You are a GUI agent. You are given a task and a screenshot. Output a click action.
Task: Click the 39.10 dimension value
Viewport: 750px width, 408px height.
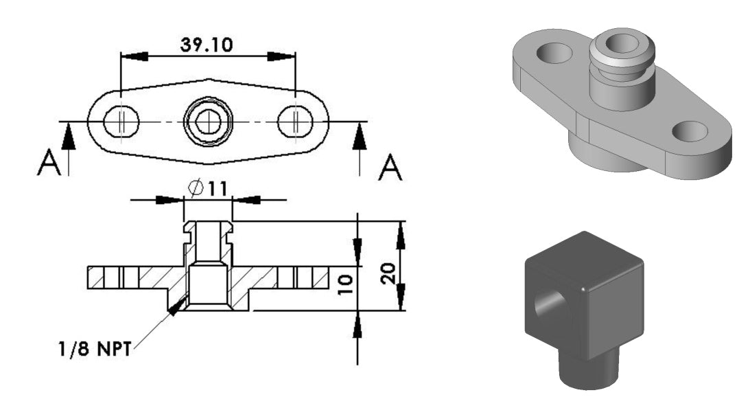[x=207, y=45]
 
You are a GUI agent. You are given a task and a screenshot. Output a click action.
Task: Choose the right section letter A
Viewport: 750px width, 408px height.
[x=390, y=166]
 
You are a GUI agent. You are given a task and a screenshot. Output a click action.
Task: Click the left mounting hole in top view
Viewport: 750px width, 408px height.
[x=121, y=123]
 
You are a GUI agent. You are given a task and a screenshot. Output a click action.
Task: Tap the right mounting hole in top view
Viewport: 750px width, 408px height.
[x=295, y=123]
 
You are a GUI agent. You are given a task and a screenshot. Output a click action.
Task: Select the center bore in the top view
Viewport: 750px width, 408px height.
[x=205, y=123]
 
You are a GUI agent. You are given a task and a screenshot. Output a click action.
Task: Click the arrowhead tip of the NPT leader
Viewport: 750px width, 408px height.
[x=172, y=312]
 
